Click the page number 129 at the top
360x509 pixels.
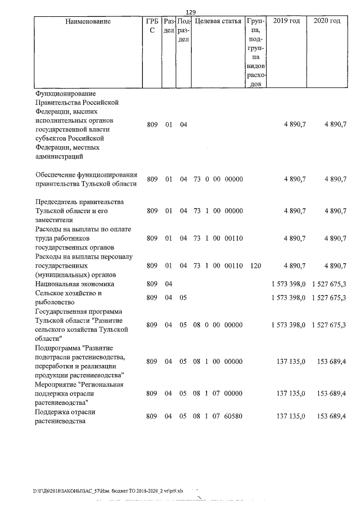(x=191, y=12)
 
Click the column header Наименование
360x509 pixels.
(x=84, y=21)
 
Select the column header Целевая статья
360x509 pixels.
(x=218, y=21)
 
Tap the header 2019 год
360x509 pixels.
(x=286, y=21)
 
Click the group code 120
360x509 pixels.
(x=255, y=265)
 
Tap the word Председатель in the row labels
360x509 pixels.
(x=57, y=202)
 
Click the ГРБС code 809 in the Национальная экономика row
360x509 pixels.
(x=152, y=285)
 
